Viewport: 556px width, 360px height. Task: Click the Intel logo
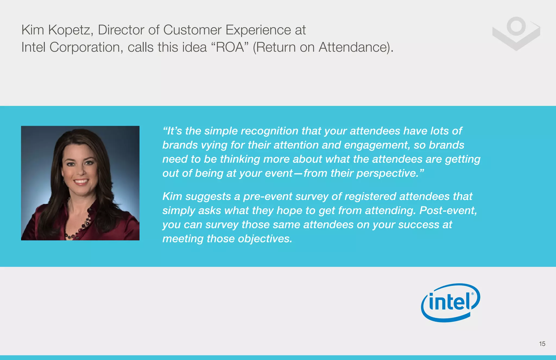450,303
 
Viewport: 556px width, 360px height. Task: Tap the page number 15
542,344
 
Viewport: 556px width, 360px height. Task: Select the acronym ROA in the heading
230,47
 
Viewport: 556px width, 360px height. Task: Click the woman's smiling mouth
81,181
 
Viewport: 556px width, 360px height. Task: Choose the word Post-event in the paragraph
448,211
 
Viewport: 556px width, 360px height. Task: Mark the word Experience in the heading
258,30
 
